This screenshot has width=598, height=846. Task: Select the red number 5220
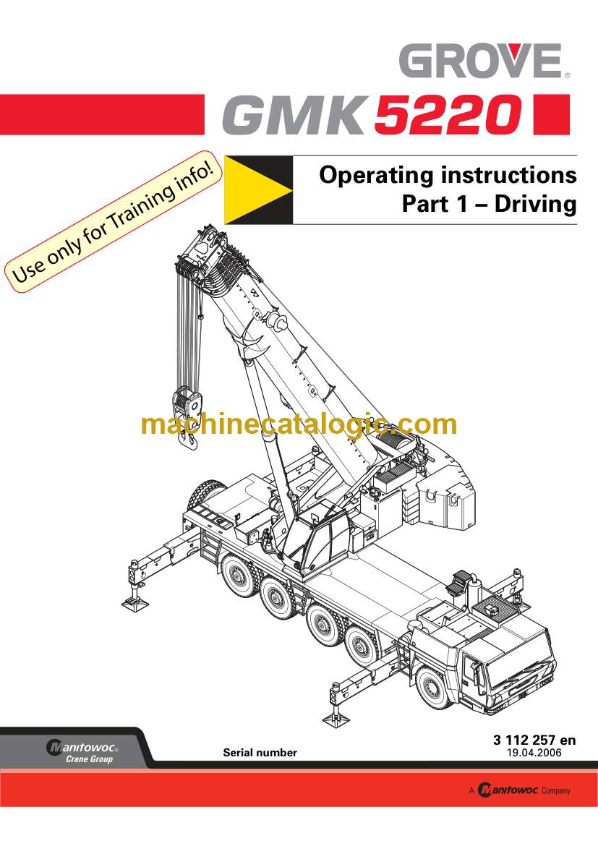449,116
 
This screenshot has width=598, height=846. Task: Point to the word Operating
375,176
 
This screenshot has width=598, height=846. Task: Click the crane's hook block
187,405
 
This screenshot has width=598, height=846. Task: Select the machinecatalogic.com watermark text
299,424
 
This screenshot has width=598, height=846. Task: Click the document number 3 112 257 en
534,740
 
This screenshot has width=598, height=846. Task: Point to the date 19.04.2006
534,752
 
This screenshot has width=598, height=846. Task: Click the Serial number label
260,752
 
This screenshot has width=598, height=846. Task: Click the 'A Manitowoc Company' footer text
518,790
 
